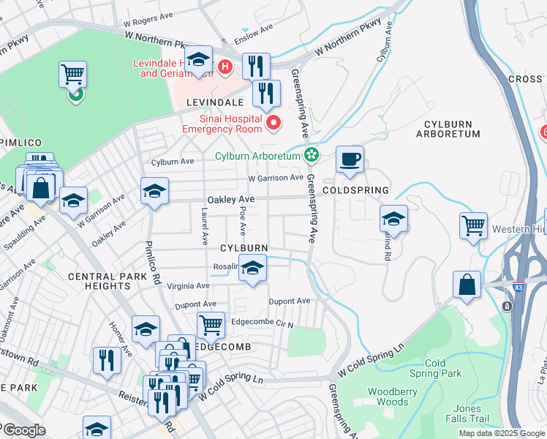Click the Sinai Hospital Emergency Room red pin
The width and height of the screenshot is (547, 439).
click(x=274, y=121)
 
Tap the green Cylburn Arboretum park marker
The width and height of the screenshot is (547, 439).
click(x=312, y=154)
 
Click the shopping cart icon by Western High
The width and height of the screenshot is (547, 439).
click(x=473, y=226)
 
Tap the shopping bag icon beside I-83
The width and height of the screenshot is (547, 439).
click(x=467, y=284)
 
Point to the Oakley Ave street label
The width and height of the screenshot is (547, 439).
click(x=231, y=200)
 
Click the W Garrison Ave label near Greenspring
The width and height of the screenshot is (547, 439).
click(x=276, y=178)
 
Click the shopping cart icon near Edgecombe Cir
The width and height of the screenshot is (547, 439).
click(x=211, y=324)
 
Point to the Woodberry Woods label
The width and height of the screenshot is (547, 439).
click(x=388, y=397)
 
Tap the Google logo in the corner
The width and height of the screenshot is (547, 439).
click(x=23, y=431)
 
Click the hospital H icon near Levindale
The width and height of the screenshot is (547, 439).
click(x=225, y=68)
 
